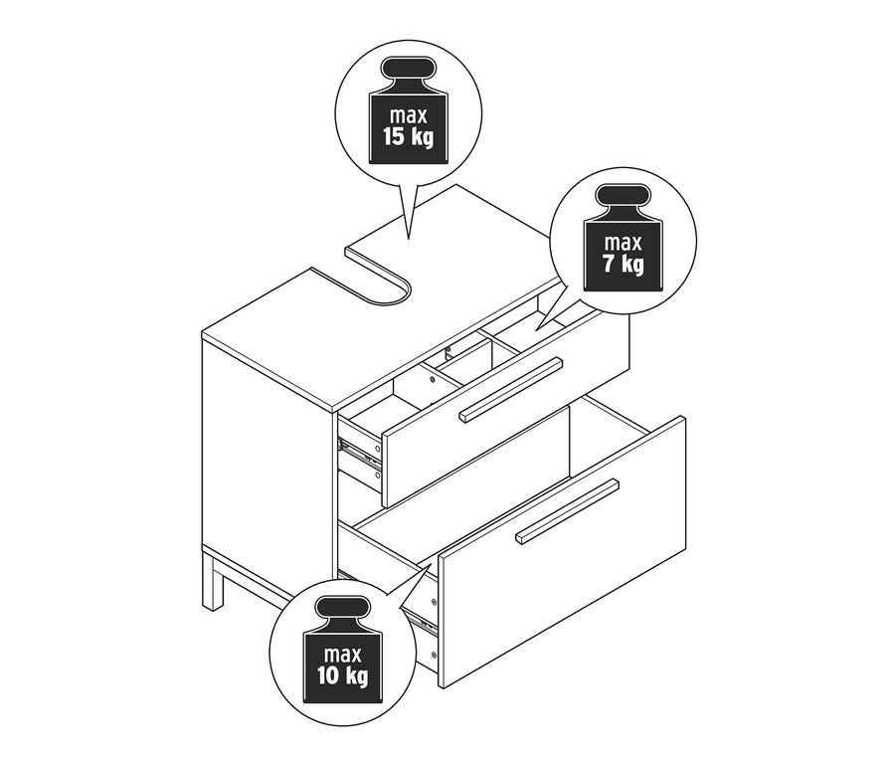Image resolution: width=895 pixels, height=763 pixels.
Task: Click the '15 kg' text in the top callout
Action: (x=408, y=138)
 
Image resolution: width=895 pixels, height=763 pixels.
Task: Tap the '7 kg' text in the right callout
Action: (x=623, y=265)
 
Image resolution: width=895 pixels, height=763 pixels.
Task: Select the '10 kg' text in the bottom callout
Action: (x=343, y=675)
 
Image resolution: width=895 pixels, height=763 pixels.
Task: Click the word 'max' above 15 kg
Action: (x=409, y=116)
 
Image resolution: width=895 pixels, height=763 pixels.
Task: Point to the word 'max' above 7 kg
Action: (x=624, y=243)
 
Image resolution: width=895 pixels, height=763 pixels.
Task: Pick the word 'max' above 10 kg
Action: (x=343, y=654)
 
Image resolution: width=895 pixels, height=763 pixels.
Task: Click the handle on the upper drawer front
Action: (x=511, y=390)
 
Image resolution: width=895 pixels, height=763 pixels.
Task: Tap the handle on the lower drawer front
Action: (x=567, y=510)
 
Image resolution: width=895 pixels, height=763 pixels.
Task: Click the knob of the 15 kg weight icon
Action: (x=408, y=70)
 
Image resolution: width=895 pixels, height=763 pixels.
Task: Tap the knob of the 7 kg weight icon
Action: (x=623, y=196)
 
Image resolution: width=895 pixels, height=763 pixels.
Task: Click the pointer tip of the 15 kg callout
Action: (x=409, y=238)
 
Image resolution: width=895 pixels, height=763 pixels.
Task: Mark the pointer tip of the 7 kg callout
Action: (x=535, y=330)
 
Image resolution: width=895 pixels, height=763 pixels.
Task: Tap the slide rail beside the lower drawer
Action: (x=423, y=619)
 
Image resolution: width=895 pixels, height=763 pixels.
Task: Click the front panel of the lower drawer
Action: (x=562, y=552)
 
